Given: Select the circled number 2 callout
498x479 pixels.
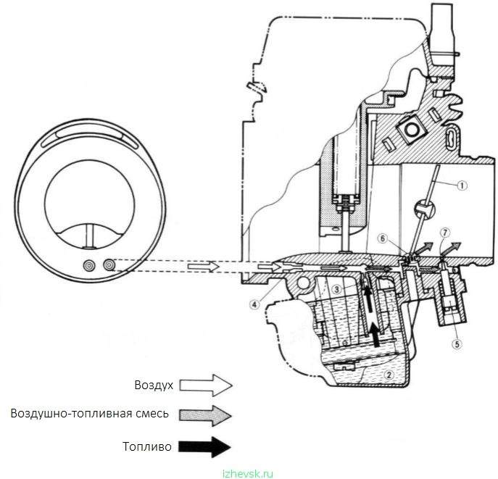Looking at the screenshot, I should pos(389,375).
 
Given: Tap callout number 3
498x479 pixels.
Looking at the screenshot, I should pos(337,289).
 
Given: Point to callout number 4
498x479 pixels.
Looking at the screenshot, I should pos(254,304).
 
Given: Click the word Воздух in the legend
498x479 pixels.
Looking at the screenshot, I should pos(154,385).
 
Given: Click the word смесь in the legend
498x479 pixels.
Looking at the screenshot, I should pos(154,414).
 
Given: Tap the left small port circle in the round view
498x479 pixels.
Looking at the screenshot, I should pos(90,265).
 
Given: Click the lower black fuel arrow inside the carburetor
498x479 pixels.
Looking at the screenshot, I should pos(375,336).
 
